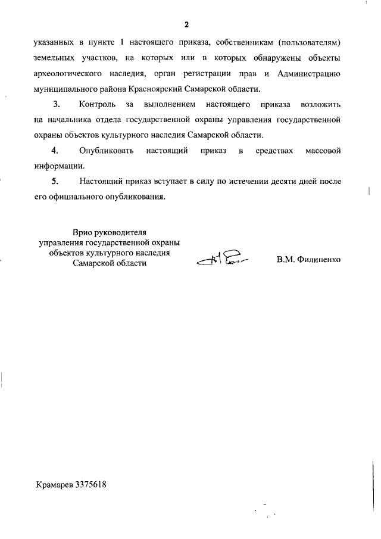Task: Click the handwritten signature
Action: tap(223, 258)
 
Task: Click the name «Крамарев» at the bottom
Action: tap(54, 484)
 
